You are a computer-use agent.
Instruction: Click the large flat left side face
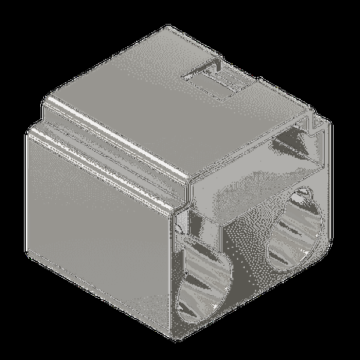[x=96, y=240]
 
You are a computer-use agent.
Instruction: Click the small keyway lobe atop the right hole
[x=304, y=194]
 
